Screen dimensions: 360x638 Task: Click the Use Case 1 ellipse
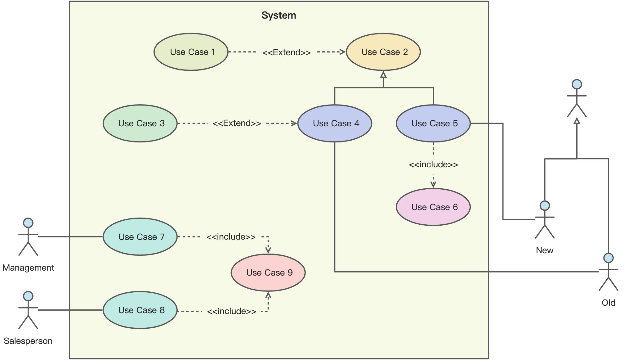[x=191, y=52]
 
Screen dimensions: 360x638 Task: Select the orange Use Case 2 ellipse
[x=383, y=52]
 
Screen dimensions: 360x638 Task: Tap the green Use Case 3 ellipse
[x=140, y=123]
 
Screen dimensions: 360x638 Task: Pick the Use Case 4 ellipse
[x=335, y=123]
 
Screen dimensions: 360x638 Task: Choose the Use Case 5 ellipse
[x=433, y=123]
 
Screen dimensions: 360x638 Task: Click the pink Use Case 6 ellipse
[x=433, y=207]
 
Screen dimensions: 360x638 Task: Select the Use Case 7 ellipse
[x=140, y=237]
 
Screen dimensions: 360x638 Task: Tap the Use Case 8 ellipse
[x=140, y=310]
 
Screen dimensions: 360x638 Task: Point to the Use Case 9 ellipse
[x=268, y=272]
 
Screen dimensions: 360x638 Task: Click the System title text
[x=279, y=15]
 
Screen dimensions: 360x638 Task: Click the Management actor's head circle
[x=28, y=223]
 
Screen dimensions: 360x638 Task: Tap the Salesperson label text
[x=28, y=341]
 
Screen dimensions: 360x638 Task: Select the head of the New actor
[x=545, y=205]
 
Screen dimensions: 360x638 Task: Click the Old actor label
[x=608, y=303]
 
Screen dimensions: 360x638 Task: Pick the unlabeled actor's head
[x=577, y=84]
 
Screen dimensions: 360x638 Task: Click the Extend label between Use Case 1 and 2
[x=286, y=52]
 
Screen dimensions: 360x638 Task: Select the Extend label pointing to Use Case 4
[x=237, y=123]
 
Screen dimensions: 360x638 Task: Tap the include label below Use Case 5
[x=433, y=164]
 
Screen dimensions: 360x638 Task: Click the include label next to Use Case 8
[x=231, y=311]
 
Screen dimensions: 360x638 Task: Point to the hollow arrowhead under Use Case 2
[x=383, y=75]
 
